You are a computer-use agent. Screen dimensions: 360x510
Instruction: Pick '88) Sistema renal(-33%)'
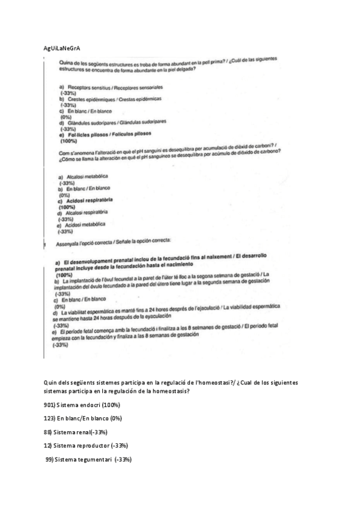(76, 432)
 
